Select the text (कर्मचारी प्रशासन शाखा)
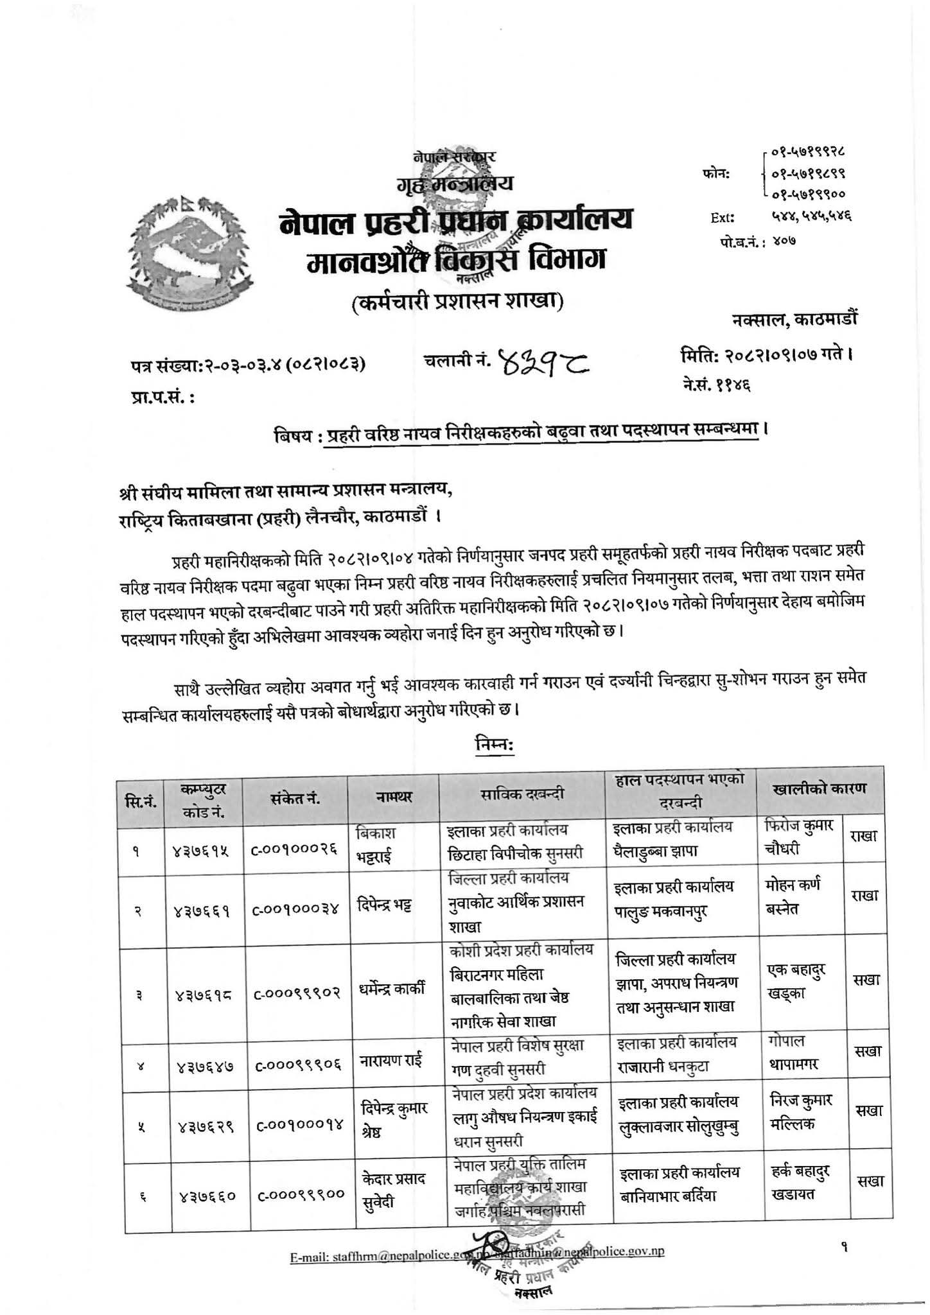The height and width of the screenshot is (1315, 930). pos(457,300)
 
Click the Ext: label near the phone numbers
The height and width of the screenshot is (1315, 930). pos(723,217)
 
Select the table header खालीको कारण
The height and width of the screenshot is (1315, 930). pos(820,788)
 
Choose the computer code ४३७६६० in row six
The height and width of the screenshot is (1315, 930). pos(204,1195)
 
